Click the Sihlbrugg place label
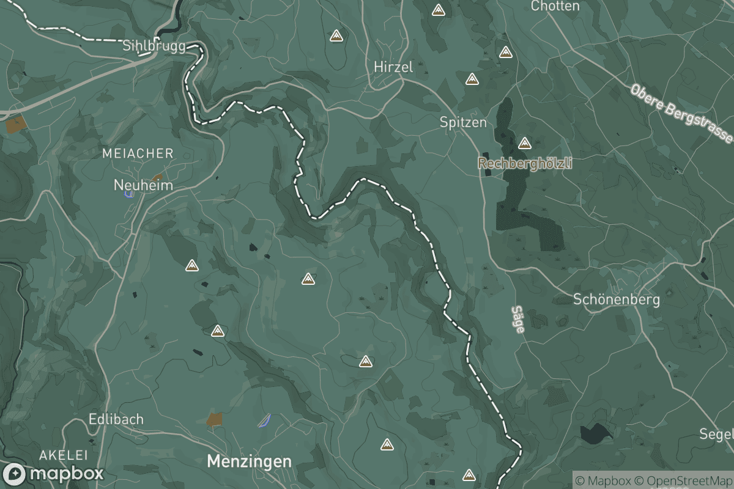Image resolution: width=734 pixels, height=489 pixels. pos(154,46)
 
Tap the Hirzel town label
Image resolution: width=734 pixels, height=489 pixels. pos(393,67)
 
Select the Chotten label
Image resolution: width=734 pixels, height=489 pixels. pos(555,6)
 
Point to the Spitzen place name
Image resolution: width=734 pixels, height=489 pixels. pos(463,122)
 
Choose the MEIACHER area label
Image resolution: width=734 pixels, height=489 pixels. pos(138,153)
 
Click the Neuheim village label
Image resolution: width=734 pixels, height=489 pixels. pos(143,185)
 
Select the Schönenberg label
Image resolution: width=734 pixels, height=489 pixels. pos(617,300)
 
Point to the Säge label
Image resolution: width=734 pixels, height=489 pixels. pos(517,319)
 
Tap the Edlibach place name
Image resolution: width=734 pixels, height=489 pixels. pos(116,419)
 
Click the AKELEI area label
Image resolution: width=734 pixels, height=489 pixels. pos(64,455)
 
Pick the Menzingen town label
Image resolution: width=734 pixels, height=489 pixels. pos(249,461)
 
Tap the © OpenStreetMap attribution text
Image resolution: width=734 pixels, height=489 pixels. pos(684,480)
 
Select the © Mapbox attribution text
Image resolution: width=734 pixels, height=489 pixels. pos(603,480)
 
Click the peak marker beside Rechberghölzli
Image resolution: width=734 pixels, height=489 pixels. pos(524,144)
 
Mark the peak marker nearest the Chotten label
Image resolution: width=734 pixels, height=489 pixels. pos(505,53)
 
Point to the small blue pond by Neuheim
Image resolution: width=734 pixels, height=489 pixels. pos(129,194)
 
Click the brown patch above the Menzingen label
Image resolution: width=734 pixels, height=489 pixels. pos(214,419)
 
